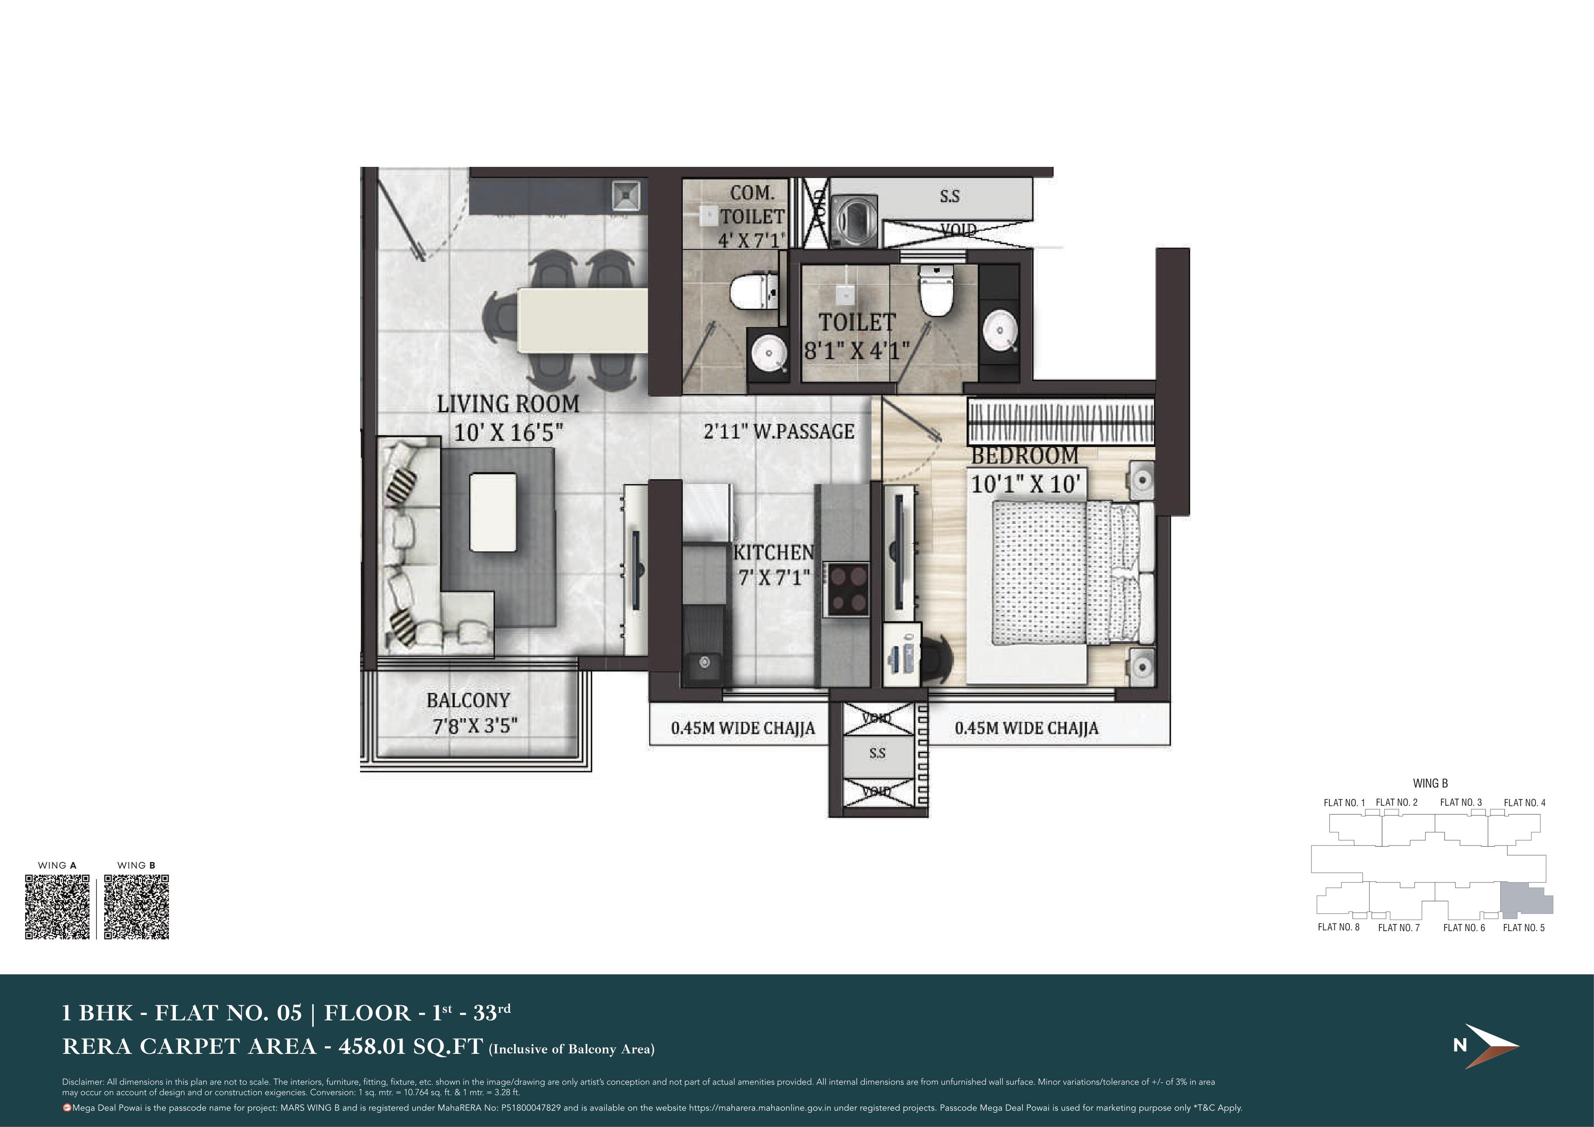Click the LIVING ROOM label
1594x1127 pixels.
click(507, 404)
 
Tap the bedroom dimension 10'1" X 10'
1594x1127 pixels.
click(1025, 484)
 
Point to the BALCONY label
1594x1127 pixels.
click(468, 700)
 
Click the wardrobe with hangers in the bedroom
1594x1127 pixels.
click(1061, 422)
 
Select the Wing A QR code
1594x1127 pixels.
click(58, 907)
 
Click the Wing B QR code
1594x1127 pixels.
click(137, 907)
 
